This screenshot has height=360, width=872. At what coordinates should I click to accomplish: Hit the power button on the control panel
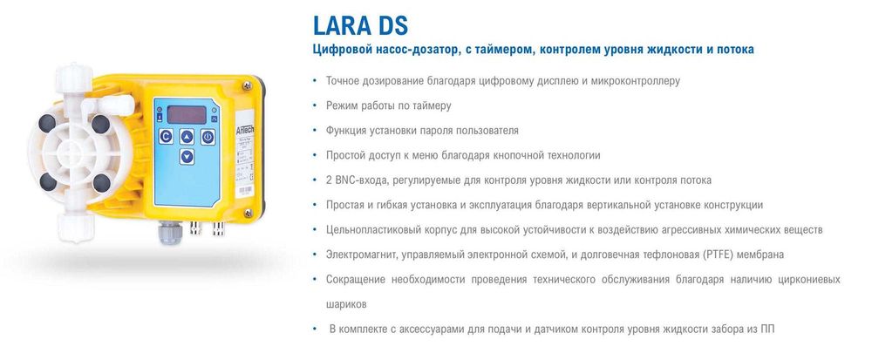(208, 137)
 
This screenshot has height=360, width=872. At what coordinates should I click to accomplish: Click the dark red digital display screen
(186, 114)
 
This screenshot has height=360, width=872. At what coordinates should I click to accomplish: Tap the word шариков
(345, 305)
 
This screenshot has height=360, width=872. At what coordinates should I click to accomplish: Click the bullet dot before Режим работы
(314, 105)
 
